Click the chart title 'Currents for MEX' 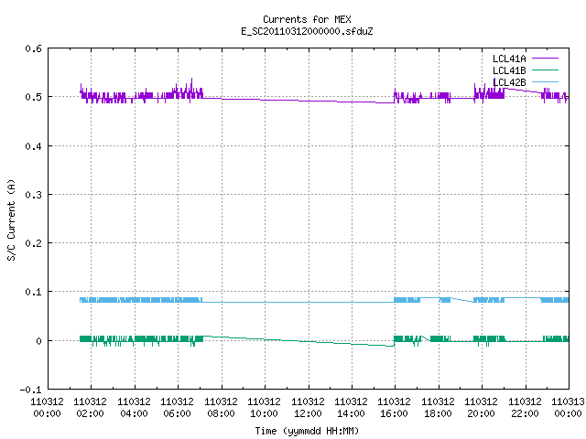point(307,19)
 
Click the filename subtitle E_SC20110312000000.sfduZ point(307,31)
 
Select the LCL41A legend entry point(525,59)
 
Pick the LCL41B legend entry point(525,70)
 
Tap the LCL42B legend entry point(525,82)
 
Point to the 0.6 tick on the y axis point(33,48)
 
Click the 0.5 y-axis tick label point(33,97)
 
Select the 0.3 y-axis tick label point(33,195)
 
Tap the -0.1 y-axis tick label point(30,390)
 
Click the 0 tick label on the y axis point(38,341)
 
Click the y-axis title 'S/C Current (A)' point(12,220)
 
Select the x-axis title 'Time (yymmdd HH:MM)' point(307,431)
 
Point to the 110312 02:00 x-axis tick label point(90,407)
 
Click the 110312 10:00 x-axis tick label point(265,407)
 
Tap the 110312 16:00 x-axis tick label point(395,407)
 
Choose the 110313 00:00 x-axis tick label point(568,407)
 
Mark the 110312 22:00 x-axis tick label point(525,407)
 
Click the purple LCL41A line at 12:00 point(309,101)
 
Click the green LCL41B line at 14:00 point(352,344)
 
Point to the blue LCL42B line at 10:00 point(265,302)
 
